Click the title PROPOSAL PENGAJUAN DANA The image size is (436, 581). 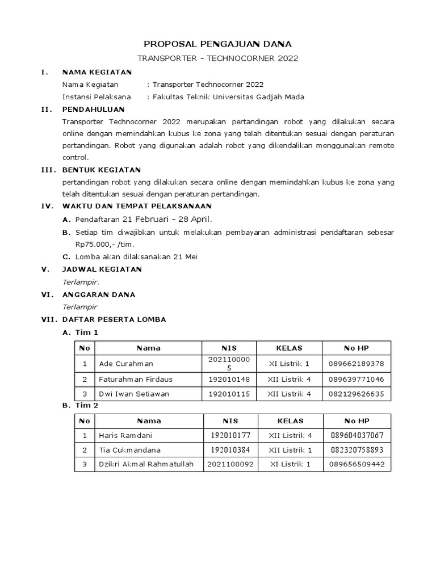click(218, 44)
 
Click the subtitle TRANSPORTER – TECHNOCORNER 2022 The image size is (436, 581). click(218, 58)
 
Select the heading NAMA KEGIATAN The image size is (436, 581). click(97, 72)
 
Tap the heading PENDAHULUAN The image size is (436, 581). click(93, 109)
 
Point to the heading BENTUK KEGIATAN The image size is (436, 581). click(101, 170)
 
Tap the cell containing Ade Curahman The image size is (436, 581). click(126, 364)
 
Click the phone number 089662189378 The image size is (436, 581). click(357, 364)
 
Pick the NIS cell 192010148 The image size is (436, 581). click(229, 379)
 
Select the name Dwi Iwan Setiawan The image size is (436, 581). click(134, 394)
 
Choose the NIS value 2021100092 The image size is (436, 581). click(230, 464)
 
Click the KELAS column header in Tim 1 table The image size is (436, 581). click(289, 348)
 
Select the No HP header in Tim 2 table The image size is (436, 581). click(357, 421)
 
